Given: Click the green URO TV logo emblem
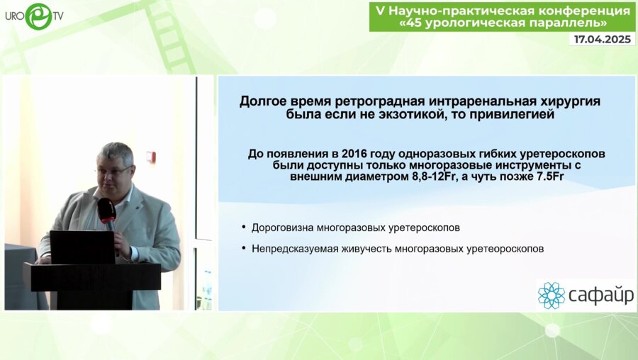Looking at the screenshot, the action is point(39,16).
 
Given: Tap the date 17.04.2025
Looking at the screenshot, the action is point(602,39).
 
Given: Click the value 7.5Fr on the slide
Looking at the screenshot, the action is point(549,177).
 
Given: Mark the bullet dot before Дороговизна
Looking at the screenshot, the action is point(244,227).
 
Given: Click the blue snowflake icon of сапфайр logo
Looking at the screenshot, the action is point(552,296).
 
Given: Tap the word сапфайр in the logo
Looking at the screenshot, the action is point(601,296).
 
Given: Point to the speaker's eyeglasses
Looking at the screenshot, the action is point(114,170).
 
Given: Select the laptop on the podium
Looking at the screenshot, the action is point(83,247).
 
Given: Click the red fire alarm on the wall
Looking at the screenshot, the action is point(151,157).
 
